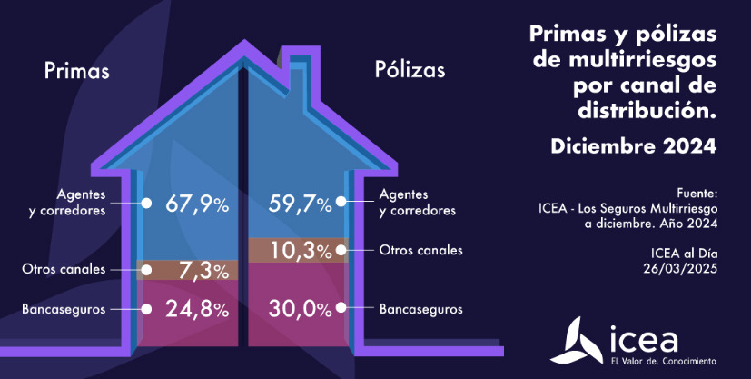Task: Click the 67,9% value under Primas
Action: pyautogui.click(x=196, y=204)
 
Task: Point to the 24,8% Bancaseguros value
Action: pyautogui.click(x=196, y=309)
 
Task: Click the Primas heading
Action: pyautogui.click(x=76, y=71)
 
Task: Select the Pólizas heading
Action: pyautogui.click(x=410, y=70)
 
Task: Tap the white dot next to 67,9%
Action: pyautogui.click(x=146, y=204)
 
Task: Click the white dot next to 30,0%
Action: pyautogui.click(x=341, y=309)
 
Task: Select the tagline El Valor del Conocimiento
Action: pyautogui.click(x=664, y=362)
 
